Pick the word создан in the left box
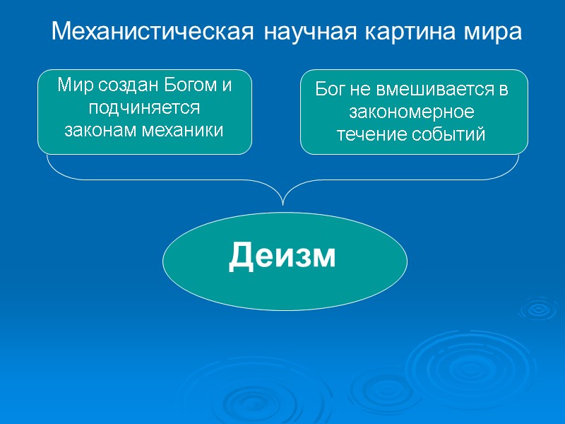tap(125, 87)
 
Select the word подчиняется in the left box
tap(145, 108)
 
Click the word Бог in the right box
tap(328, 90)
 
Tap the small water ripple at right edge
tap(538, 308)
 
